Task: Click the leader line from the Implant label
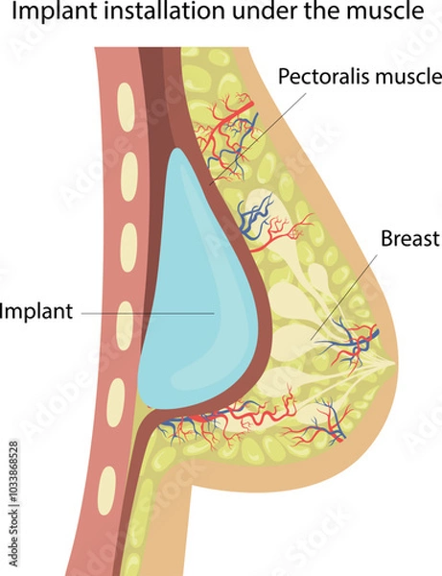click(144, 312)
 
